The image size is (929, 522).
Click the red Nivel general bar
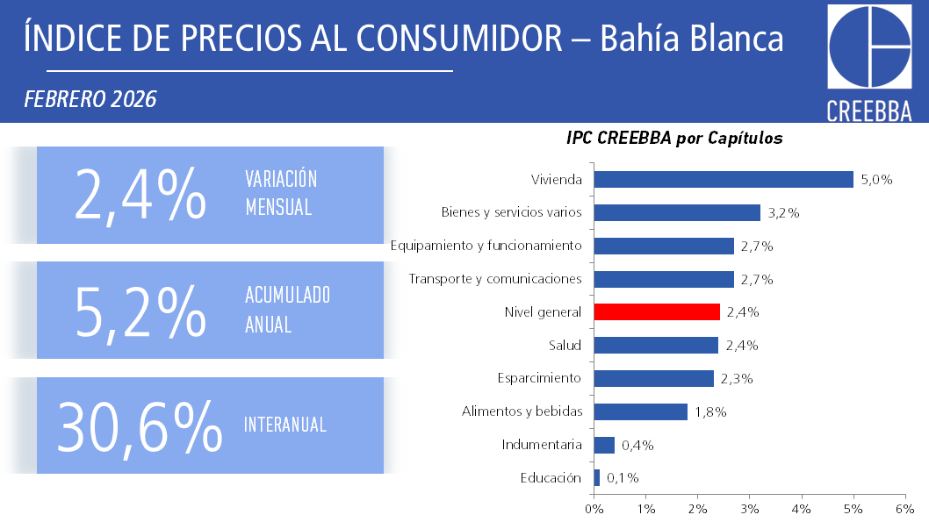tap(657, 311)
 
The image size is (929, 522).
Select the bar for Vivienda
tap(724, 179)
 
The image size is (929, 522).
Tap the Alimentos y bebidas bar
tap(640, 411)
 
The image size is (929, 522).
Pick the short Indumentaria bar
tap(604, 445)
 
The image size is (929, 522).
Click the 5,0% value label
tap(876, 180)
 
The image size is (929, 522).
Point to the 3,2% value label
tap(783, 213)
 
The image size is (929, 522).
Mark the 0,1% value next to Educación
tap(623, 478)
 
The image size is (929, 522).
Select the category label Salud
tap(565, 345)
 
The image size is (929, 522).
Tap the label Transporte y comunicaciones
tap(495, 279)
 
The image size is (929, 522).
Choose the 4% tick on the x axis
tap(801, 509)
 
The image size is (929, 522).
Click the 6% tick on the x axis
tap(904, 509)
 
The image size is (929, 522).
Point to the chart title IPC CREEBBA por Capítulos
tap(674, 139)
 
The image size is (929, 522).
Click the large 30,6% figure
tap(139, 426)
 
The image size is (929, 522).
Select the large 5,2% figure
tap(140, 311)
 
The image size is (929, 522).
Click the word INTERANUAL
tap(285, 425)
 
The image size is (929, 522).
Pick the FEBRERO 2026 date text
tap(90, 99)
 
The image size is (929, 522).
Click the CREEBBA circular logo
tap(869, 48)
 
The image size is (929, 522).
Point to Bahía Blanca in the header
tap(692, 38)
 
